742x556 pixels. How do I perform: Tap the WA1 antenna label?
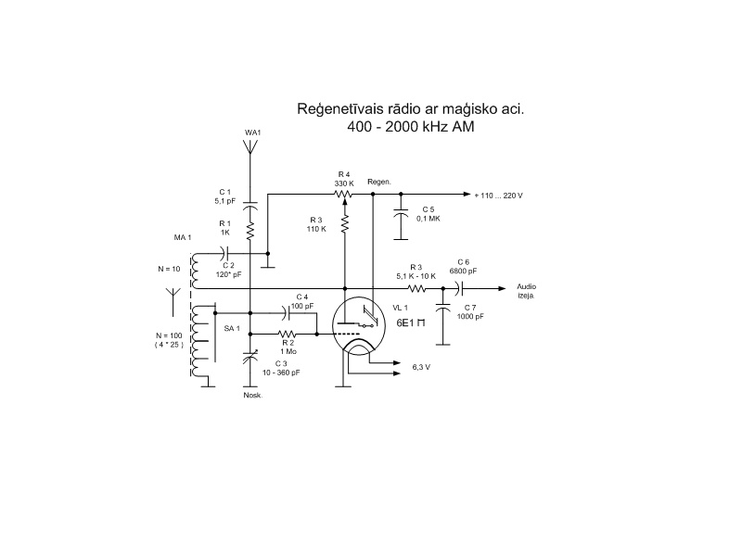coord(253,133)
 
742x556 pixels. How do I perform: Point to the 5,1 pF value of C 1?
coord(225,199)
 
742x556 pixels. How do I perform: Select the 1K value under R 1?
coord(224,233)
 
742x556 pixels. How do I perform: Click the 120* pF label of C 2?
coord(229,275)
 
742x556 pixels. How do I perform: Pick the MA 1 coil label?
coord(182,238)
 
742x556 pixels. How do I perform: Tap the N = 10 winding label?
coord(171,269)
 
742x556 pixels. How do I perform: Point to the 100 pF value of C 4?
coord(302,305)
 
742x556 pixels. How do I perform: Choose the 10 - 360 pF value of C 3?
coord(281,372)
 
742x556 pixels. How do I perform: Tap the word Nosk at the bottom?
coord(251,395)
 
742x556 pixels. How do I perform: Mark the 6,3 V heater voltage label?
coord(420,367)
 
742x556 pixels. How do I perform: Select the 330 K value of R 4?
coord(344,183)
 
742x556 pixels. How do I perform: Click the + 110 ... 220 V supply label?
coord(498,196)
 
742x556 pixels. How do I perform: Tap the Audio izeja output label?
coord(526,291)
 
